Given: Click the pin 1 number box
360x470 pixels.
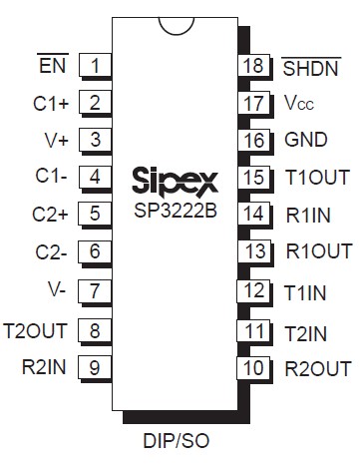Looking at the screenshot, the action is (x=95, y=67).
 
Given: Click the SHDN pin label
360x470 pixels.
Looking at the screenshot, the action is (x=310, y=68).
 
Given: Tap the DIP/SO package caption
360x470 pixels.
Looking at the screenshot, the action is (x=178, y=440).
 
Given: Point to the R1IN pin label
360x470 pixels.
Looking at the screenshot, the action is (x=309, y=215).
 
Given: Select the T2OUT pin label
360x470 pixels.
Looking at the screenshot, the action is (x=37, y=330).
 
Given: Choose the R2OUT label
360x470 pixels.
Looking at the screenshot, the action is (x=317, y=367).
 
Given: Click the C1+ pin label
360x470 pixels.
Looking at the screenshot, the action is (x=50, y=102).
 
